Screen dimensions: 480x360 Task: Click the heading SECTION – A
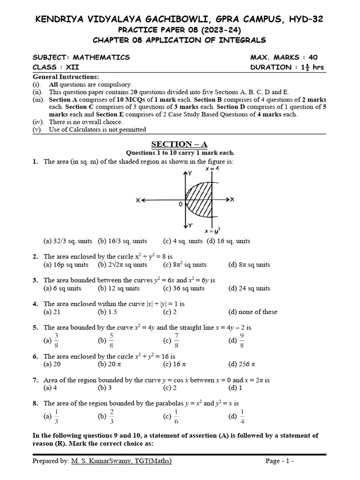[180, 144]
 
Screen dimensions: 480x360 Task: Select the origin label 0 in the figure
[180, 205]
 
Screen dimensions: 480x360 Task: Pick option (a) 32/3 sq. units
[68, 241]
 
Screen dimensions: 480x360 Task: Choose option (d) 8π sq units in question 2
[249, 264]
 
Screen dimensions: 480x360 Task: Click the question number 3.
[35, 280]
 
